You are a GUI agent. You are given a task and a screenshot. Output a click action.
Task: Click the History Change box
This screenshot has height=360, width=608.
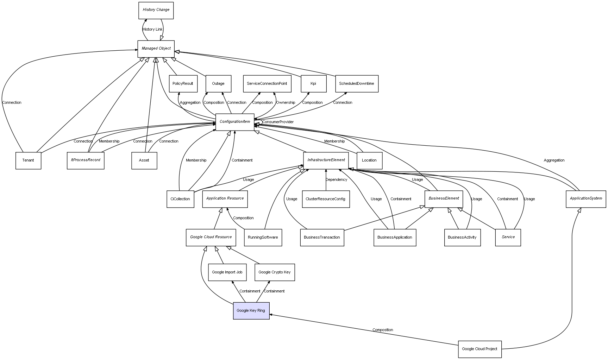coord(156,10)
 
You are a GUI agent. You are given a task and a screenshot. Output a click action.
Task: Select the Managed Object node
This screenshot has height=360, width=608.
coord(156,49)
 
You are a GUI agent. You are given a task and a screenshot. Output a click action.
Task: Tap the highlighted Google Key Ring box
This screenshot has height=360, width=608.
coord(251,311)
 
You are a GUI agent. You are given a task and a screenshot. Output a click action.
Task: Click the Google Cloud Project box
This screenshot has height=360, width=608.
coord(479,349)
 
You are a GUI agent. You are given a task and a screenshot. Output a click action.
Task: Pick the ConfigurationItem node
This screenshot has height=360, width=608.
coord(235,122)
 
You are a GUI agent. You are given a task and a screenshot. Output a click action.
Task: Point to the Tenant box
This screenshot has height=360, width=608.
coord(28,160)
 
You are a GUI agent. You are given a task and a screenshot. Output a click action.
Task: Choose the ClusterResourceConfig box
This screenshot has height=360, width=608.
coord(326,199)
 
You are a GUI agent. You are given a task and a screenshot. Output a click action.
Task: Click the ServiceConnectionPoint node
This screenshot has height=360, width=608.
coord(267,84)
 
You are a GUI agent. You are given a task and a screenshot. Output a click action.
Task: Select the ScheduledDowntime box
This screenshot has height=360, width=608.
coord(357,84)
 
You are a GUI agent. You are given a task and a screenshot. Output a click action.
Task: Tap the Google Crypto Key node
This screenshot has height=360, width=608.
coord(275,272)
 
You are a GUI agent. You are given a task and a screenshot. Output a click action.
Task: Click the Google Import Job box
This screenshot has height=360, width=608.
coord(227,272)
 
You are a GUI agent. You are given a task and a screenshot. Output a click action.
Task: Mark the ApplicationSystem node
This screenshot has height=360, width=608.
coord(586,199)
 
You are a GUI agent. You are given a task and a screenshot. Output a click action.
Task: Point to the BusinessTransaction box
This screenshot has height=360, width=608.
coord(322,238)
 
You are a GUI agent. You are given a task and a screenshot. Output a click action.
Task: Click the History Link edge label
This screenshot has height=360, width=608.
coord(153,30)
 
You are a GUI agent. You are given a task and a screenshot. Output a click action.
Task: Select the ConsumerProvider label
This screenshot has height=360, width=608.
coord(278,122)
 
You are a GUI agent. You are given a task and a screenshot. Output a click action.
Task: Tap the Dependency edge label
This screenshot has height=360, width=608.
coord(336,180)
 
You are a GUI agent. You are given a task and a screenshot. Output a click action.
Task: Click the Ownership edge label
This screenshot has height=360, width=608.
coord(286,103)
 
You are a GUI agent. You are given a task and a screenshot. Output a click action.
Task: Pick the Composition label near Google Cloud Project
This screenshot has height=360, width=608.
coord(383,330)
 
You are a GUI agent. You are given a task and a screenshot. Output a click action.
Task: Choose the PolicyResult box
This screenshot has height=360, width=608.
coord(183,84)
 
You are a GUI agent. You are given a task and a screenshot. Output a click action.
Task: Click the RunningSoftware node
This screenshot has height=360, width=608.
coord(263,238)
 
